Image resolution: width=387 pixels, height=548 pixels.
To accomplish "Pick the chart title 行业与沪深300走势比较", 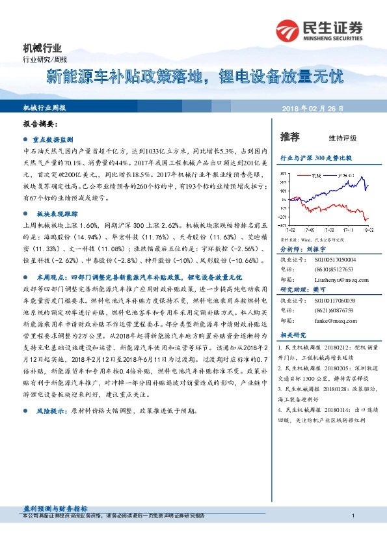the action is tap(315, 158).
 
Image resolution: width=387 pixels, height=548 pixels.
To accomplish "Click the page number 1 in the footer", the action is tap(352, 515).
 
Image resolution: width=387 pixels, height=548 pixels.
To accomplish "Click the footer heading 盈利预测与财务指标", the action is tap(55, 507).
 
